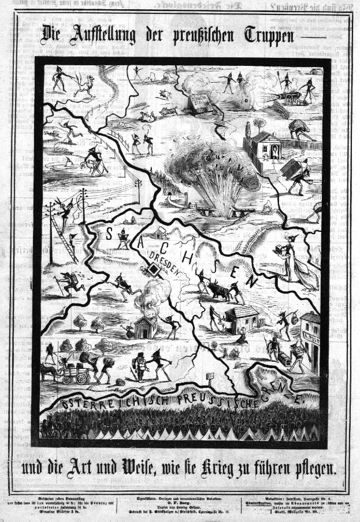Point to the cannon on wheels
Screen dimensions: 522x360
click(x=291, y=98)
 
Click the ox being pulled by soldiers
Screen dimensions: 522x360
click(x=218, y=288)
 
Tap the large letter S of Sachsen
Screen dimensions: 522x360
click(x=109, y=232)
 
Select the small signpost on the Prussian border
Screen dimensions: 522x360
click(x=210, y=376)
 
